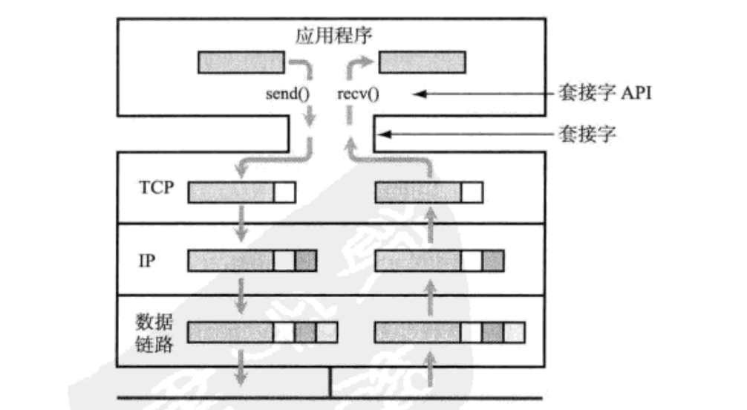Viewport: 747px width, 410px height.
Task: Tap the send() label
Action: pos(287,95)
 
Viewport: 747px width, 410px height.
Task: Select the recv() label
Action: pos(364,95)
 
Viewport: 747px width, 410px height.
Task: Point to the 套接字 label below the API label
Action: pos(586,135)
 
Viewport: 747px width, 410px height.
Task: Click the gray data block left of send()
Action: pos(241,62)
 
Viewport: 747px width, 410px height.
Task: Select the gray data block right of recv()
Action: pos(423,62)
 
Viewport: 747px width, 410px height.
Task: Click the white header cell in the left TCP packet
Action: pos(284,192)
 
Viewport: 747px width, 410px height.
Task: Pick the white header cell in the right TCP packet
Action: pos(472,192)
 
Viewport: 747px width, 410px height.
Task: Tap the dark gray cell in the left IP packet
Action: pos(306,261)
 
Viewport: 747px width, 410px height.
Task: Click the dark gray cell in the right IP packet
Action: pos(493,261)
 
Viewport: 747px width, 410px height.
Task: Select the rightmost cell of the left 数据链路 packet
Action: pos(327,331)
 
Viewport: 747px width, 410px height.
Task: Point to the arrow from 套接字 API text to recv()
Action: pos(483,94)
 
